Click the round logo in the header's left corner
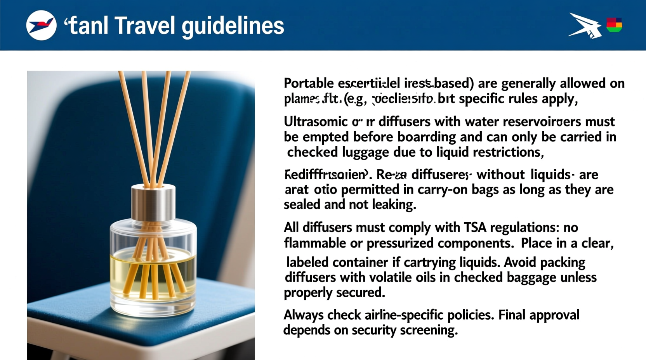pos(41,26)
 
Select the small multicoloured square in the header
pos(614,25)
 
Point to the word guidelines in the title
pos(233,26)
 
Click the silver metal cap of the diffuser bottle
pos(153,202)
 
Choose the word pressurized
pos(400,243)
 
